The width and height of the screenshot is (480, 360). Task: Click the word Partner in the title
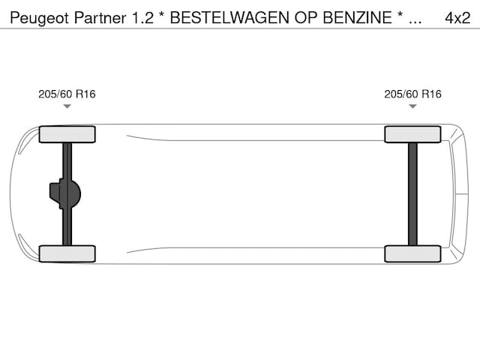[x=92, y=17]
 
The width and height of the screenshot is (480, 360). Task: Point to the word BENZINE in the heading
[x=356, y=17]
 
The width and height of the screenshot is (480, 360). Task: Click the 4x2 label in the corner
[x=457, y=17]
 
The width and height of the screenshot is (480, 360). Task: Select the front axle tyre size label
[x=67, y=94]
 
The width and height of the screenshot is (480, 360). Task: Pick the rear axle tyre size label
[x=412, y=94]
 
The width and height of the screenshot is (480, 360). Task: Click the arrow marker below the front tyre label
[x=67, y=106]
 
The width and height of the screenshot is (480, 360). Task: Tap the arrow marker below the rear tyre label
[x=412, y=106]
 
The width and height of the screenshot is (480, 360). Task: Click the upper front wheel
[x=67, y=134]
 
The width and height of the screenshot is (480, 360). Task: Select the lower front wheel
[x=67, y=253]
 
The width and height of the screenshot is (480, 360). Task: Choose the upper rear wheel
[x=412, y=134]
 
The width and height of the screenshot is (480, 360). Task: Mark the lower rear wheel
[x=412, y=253]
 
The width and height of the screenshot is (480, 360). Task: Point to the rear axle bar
[x=412, y=193]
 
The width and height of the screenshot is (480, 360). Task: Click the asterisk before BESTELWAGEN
[x=161, y=16]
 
